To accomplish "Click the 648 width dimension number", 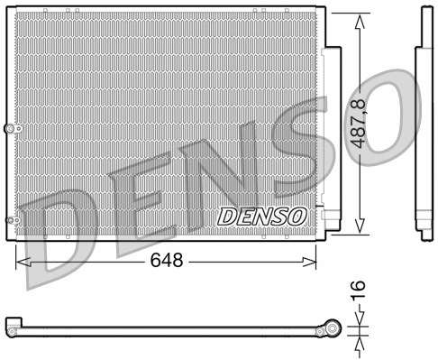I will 167,261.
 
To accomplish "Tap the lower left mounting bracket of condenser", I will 11,221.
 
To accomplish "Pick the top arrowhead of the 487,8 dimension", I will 361,20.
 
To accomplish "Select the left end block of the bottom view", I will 12,323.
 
